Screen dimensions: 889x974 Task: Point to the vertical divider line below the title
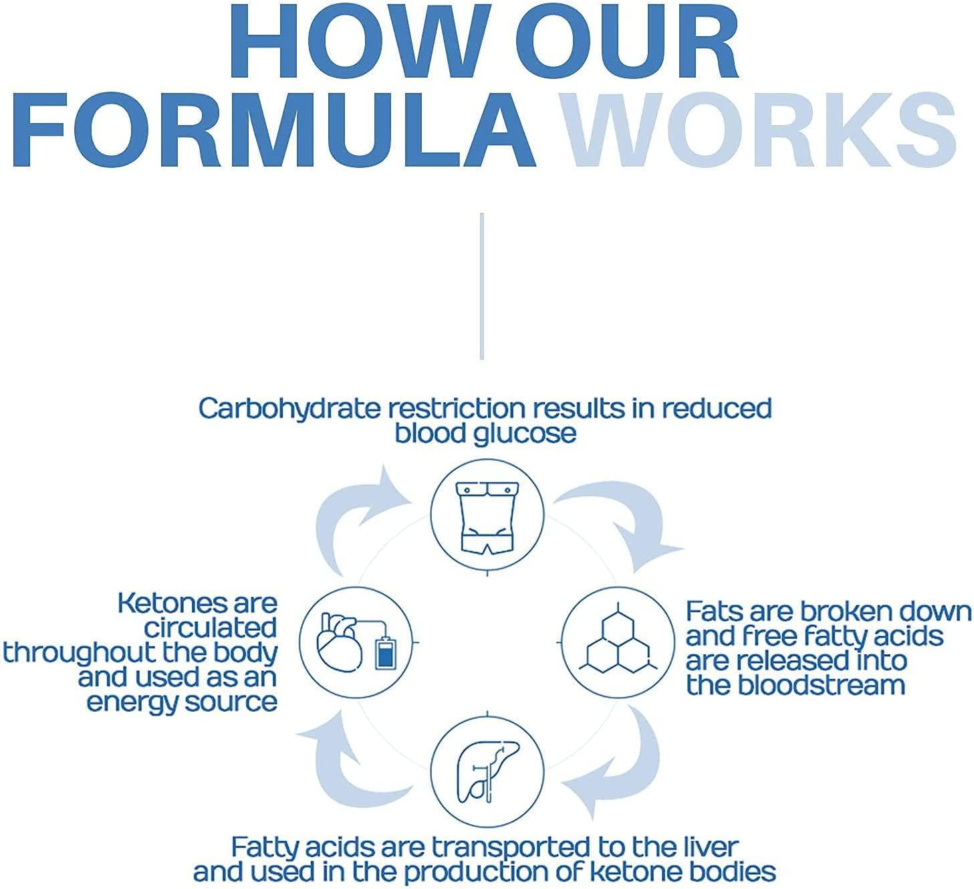tap(481, 286)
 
